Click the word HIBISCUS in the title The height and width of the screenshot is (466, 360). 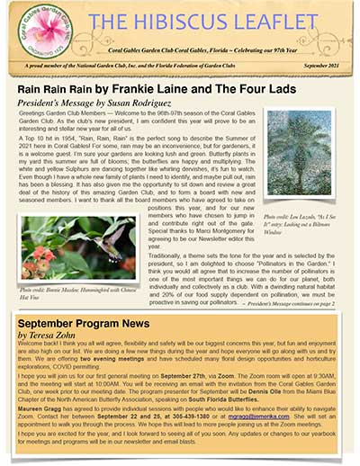click(175, 21)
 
